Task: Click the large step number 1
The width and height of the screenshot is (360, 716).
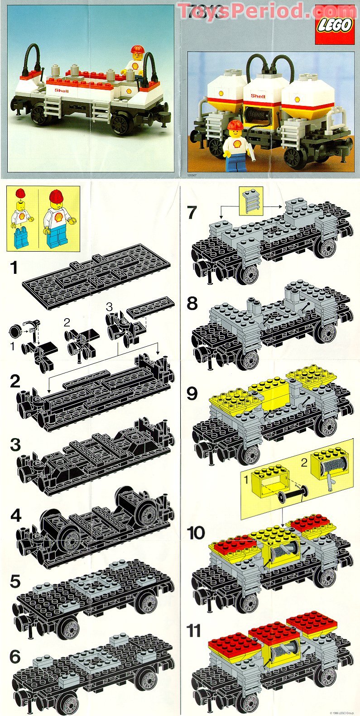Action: tap(15, 267)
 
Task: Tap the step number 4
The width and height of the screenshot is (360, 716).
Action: tap(15, 516)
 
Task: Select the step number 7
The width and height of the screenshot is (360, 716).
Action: tap(192, 212)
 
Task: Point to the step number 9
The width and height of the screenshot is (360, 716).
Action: tap(192, 394)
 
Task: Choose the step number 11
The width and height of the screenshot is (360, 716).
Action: tap(193, 630)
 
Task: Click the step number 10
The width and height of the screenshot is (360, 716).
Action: tap(196, 533)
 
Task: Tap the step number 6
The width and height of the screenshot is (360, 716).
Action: tap(15, 656)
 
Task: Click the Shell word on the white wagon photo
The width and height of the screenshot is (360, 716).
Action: tap(62, 90)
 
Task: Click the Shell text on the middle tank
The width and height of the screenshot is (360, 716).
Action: tap(258, 95)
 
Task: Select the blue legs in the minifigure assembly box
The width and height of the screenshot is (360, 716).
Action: tap(21, 239)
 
